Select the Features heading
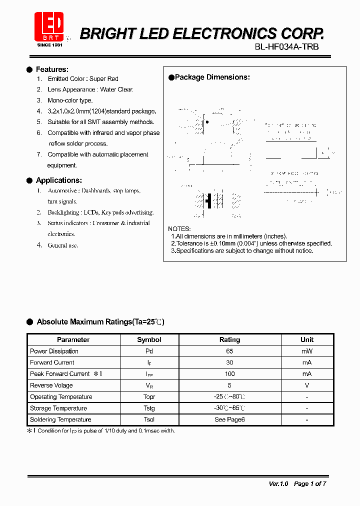click(x=52, y=69)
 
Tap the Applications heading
click(x=58, y=180)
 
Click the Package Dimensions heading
click(x=212, y=77)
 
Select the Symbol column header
click(x=149, y=339)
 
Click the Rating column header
click(x=229, y=339)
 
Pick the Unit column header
click(x=307, y=339)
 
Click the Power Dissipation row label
click(x=54, y=351)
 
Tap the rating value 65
click(x=229, y=351)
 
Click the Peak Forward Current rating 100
click(x=229, y=374)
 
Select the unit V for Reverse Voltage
click(x=307, y=385)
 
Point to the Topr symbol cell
click(x=149, y=397)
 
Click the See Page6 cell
click(x=229, y=419)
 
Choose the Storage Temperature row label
click(x=58, y=408)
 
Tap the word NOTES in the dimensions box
click(x=179, y=228)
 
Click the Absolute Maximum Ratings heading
click(x=100, y=322)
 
